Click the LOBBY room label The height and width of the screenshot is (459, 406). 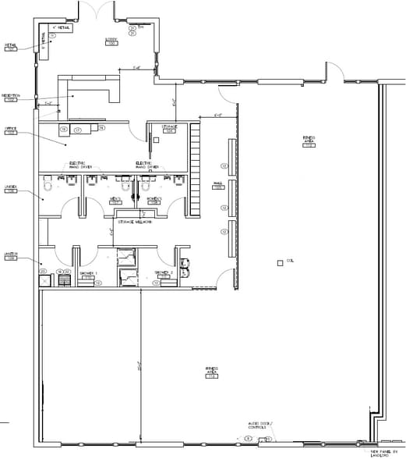coord(111,40)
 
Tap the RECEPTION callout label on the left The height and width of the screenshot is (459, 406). coord(10,97)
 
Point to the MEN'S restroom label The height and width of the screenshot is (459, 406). coord(115,200)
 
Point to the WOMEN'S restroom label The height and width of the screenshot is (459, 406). coord(154,200)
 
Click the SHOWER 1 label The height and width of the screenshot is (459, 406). coord(88,273)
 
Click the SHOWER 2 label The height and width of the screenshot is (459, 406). coord(163,273)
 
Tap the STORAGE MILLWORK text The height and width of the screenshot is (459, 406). coord(132,222)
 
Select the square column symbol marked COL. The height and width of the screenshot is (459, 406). coord(280,262)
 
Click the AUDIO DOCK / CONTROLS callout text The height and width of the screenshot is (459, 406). coord(257,425)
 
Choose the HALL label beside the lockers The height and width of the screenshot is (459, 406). coord(218,186)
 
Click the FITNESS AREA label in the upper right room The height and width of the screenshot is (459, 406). coord(309,141)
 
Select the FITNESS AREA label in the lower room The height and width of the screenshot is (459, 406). coord(211,372)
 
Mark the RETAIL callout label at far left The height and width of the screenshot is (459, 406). coord(10,46)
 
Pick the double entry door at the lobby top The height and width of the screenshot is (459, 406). coord(96,11)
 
